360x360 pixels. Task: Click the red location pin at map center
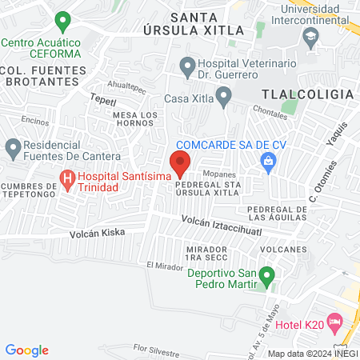point(180,163)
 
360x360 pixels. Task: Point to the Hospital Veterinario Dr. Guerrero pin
point(187,65)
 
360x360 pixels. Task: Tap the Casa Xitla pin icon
point(223,98)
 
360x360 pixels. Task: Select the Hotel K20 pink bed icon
point(334,322)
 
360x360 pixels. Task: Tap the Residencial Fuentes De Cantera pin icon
point(14,148)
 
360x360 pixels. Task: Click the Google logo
point(27,350)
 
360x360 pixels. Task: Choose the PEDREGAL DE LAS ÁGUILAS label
point(277,212)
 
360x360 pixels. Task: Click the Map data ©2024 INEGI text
point(312,354)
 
